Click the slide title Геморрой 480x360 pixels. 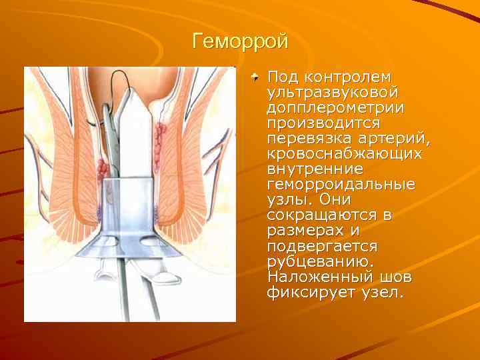[x=240, y=41]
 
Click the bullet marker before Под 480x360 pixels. [x=256, y=77]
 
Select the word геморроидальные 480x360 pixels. [x=340, y=185]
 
